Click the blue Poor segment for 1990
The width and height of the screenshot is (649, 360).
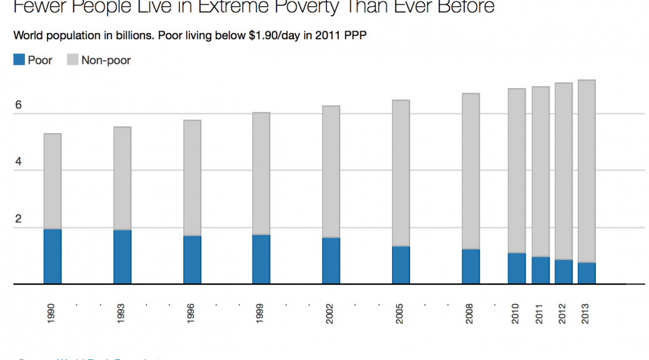53,256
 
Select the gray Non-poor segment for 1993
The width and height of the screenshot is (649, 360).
123,178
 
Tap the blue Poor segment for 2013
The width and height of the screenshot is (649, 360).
586,273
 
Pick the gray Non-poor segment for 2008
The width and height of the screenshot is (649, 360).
471,171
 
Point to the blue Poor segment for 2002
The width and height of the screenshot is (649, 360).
331,261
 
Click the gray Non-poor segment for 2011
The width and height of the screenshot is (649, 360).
541,171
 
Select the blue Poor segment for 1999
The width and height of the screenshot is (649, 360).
261,259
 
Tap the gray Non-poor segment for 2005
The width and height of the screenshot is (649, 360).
401,173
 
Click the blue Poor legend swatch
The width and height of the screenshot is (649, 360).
19,60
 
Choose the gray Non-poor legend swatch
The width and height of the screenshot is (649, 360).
73,60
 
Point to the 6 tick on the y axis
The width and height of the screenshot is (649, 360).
19,105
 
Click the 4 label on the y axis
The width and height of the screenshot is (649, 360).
19,162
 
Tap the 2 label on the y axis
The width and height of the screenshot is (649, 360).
19,219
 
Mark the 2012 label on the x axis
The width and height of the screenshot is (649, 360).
563,312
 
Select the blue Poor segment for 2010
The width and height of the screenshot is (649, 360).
516,268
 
